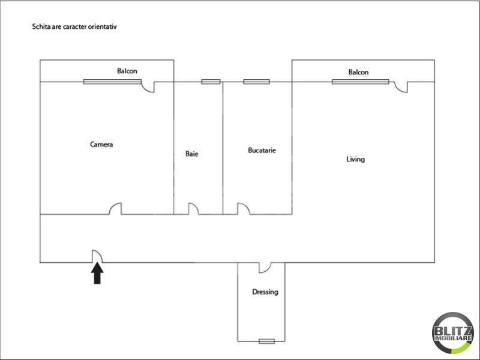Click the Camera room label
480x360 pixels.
coord(101,144)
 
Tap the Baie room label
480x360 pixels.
coord(191,154)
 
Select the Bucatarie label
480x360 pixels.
coord(262,151)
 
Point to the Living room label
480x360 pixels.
coord(355,159)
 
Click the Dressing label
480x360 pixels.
coord(265,292)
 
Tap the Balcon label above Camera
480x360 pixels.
coord(127,71)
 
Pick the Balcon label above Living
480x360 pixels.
coord(358,72)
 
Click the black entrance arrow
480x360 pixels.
coord(97,274)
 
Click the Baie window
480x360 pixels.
coord(211,82)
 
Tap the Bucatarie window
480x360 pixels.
coord(257,82)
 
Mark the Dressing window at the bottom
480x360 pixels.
coord(266,341)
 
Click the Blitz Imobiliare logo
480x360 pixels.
coord(453,334)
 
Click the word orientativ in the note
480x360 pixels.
coord(103,26)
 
